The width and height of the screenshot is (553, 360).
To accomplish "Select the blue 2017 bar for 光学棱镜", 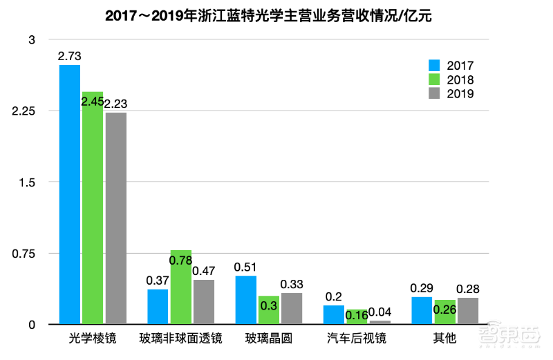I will pyautogui.click(x=70, y=194).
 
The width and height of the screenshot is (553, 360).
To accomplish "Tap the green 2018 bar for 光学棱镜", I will pyautogui.click(x=93, y=207).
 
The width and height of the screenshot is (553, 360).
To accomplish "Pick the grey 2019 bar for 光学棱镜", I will pyautogui.click(x=115, y=218).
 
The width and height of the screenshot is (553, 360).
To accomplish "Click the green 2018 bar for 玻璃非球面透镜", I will pyautogui.click(x=180, y=287).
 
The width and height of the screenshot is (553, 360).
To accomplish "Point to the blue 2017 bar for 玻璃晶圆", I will pyautogui.click(x=246, y=300).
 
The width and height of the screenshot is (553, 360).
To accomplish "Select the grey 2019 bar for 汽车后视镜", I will pyautogui.click(x=379, y=322).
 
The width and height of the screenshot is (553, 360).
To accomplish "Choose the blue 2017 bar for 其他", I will pyautogui.click(x=422, y=310).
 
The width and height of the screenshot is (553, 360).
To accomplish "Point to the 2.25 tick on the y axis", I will pyautogui.click(x=23, y=111).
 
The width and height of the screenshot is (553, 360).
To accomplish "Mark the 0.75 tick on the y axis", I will pyautogui.click(x=23, y=254).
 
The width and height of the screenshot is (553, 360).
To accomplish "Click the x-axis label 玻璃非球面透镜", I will pyautogui.click(x=180, y=339).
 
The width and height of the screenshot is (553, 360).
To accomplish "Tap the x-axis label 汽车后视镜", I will pyautogui.click(x=357, y=339).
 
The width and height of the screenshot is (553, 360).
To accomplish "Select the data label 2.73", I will pyautogui.click(x=70, y=56).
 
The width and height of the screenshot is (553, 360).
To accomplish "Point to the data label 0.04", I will pyautogui.click(x=379, y=312).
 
